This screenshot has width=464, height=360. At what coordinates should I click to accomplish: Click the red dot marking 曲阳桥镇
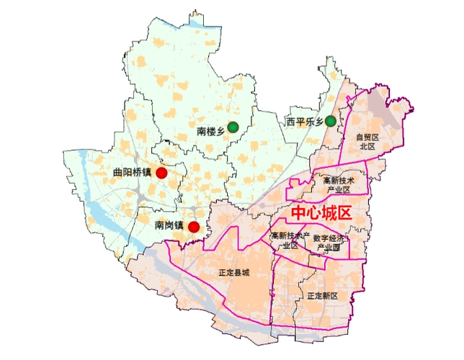162,173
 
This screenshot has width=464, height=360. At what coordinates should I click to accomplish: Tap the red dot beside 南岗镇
194,226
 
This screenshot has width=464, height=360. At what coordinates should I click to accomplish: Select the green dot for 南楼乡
233,127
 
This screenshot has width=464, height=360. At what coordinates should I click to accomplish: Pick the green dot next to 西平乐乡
330,121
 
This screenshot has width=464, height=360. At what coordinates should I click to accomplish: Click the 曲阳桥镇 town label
133,173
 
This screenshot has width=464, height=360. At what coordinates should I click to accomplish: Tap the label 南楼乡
211,132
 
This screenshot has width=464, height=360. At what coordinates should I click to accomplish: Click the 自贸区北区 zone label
367,141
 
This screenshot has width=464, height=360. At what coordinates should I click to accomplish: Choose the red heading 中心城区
320,214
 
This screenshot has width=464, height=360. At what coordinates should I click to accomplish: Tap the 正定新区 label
321,296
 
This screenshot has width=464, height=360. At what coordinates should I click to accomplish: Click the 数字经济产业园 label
326,242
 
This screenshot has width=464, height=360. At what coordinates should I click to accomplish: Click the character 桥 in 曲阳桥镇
137,173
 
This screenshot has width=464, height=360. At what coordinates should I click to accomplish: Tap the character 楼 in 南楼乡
211,132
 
